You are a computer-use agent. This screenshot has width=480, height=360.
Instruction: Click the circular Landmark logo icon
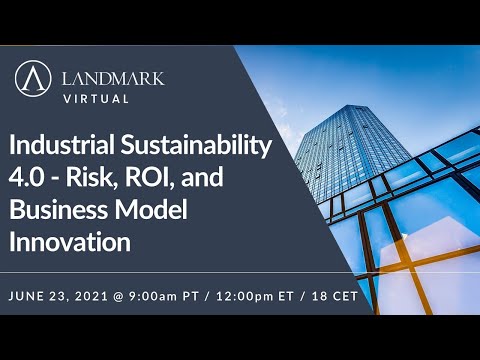[x=35, y=79]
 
